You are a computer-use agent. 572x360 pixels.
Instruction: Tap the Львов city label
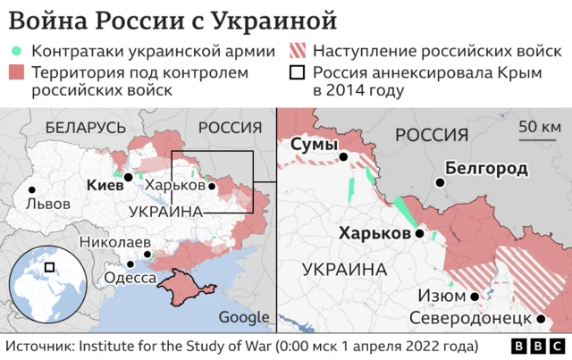click(x=48, y=203)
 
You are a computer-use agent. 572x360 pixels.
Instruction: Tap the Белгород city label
click(x=485, y=168)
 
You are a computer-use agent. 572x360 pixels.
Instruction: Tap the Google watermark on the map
click(x=243, y=316)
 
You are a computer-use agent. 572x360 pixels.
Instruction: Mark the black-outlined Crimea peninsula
click(x=183, y=284)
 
